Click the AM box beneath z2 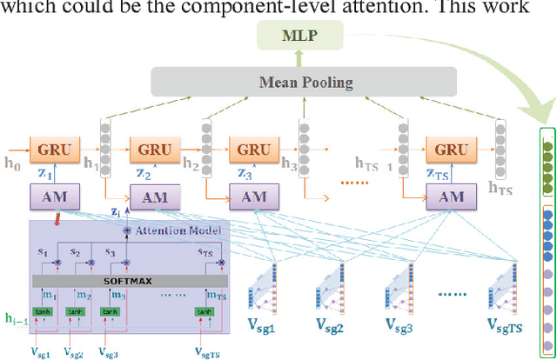click(153, 197)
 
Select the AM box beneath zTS click(451, 197)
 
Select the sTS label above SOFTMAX click(205, 253)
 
